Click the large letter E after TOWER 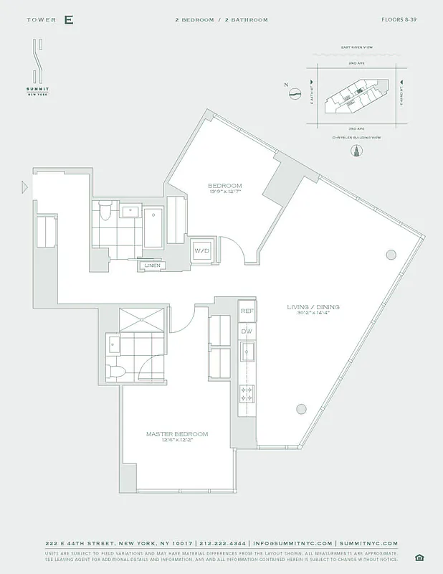68,20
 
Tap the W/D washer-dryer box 201,251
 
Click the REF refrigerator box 247,311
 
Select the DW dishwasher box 247,331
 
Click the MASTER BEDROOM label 177,434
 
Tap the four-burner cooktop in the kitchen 247,394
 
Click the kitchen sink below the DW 247,352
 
